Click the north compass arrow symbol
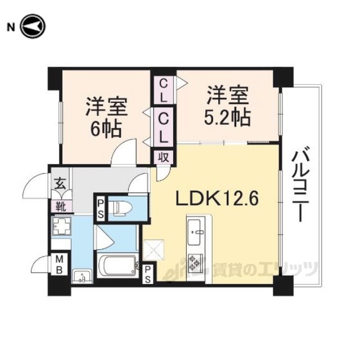pos(33,26)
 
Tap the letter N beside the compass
pos(11,28)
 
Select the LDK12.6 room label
pos(217,199)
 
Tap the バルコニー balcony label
pos(301,183)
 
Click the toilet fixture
pos(120,208)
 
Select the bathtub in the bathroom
pos(118,265)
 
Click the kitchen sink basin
pos(195,232)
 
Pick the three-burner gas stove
pos(195,263)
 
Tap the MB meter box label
pos(59,264)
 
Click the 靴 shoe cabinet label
pos(61,206)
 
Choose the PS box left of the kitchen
pos(147,274)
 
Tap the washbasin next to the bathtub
pos(82,276)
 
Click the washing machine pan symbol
pos(61,226)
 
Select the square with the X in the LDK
pos(154,250)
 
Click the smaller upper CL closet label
pos(163,91)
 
